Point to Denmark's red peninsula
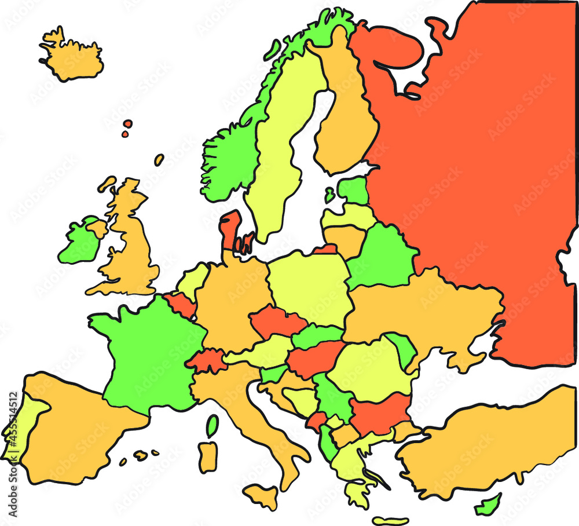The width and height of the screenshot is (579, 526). [230, 229]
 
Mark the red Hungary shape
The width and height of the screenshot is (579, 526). [313, 358]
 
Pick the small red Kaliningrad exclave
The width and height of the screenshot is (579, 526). [326, 250]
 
